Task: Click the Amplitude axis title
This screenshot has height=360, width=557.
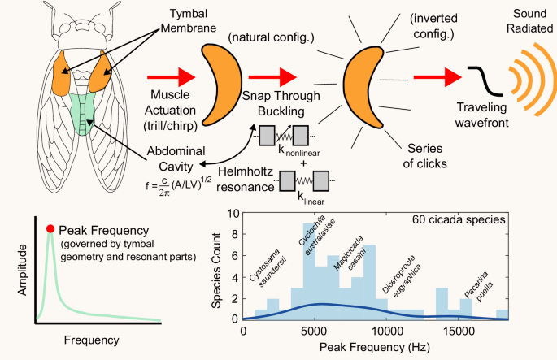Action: pyautogui.click(x=17, y=276)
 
